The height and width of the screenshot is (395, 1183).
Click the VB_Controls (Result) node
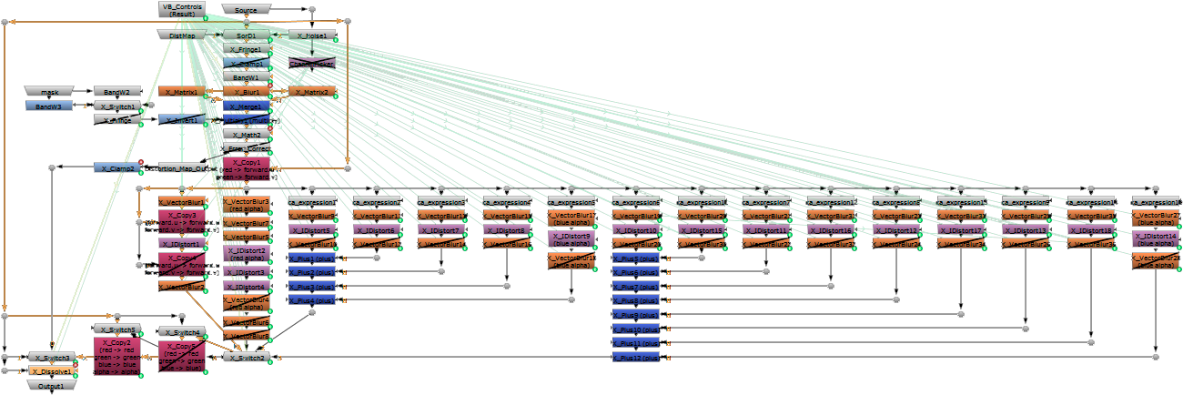point(181,9)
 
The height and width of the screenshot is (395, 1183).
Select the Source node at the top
point(246,9)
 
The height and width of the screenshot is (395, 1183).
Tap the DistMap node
point(182,35)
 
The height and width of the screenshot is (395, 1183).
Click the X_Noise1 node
point(312,35)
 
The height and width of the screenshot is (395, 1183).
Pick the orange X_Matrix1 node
point(182,92)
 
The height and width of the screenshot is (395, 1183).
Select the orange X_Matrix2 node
point(312,92)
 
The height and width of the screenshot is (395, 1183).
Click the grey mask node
point(49,92)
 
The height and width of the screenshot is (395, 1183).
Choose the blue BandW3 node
point(49,106)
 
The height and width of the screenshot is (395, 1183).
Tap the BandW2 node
point(116,92)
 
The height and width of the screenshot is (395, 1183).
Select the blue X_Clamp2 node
point(116,168)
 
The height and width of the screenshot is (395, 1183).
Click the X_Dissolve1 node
point(51,371)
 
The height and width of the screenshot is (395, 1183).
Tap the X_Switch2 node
point(247,358)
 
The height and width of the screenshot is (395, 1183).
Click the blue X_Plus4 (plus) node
point(312,300)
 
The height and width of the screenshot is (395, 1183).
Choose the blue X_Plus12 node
point(637,358)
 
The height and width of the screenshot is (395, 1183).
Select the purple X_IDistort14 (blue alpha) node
point(1156,239)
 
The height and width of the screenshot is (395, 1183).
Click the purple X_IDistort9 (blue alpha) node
point(571,239)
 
